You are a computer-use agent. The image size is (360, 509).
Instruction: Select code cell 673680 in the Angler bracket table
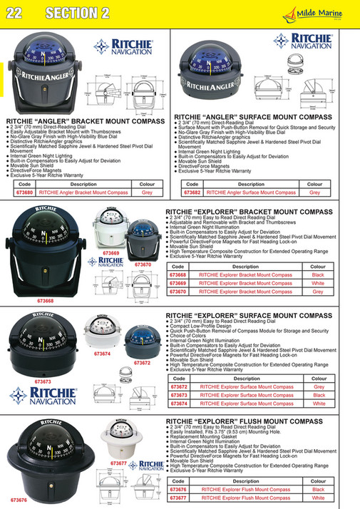click(25, 192)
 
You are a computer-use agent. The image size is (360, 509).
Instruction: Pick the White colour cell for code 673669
click(318, 283)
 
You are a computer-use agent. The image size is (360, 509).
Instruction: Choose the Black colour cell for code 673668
click(318, 274)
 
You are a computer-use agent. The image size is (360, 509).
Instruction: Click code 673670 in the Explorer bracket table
click(178, 292)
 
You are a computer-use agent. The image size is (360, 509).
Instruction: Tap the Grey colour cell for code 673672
click(319, 387)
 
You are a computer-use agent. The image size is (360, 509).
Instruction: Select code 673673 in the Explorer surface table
click(178, 395)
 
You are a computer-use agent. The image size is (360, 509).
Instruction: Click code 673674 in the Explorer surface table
click(178, 403)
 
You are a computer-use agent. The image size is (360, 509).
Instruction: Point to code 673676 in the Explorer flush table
click(178, 490)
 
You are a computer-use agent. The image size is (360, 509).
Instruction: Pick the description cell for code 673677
click(245, 498)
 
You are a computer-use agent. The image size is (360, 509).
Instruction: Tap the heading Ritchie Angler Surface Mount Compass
click(252, 116)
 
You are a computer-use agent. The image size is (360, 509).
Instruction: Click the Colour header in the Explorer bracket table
click(318, 267)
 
